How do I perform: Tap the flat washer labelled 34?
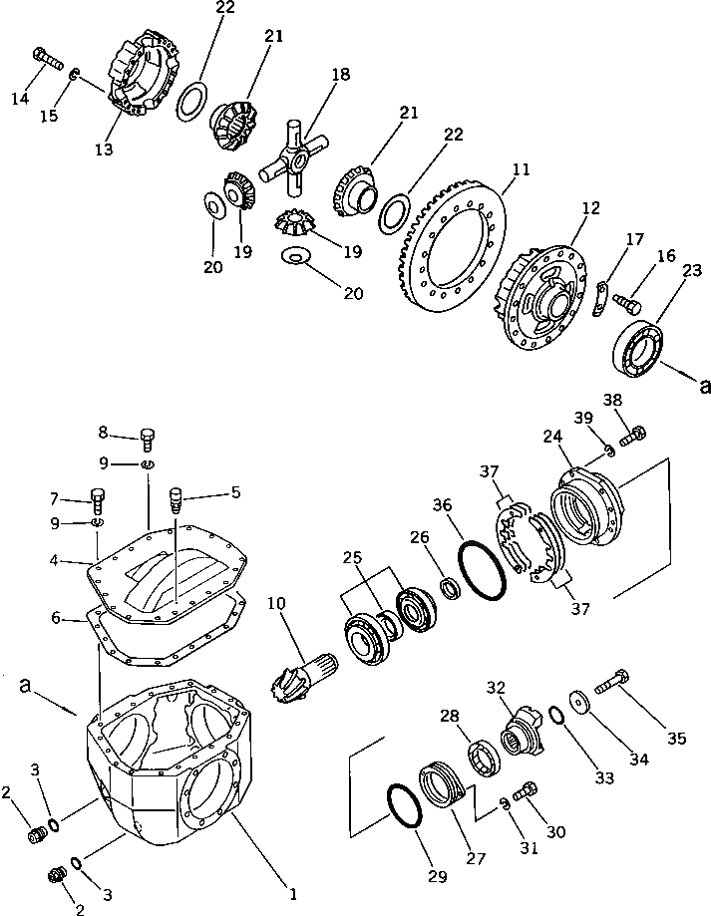point(579,703)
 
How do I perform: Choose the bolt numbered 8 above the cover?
point(148,435)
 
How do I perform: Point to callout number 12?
point(591,209)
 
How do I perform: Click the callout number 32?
point(496,687)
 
